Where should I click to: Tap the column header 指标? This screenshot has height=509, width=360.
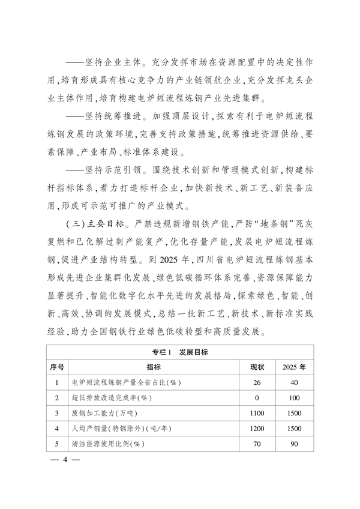(x=154, y=366)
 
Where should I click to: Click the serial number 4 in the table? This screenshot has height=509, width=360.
(x=56, y=429)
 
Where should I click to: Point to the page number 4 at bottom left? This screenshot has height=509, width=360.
(x=59, y=463)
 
